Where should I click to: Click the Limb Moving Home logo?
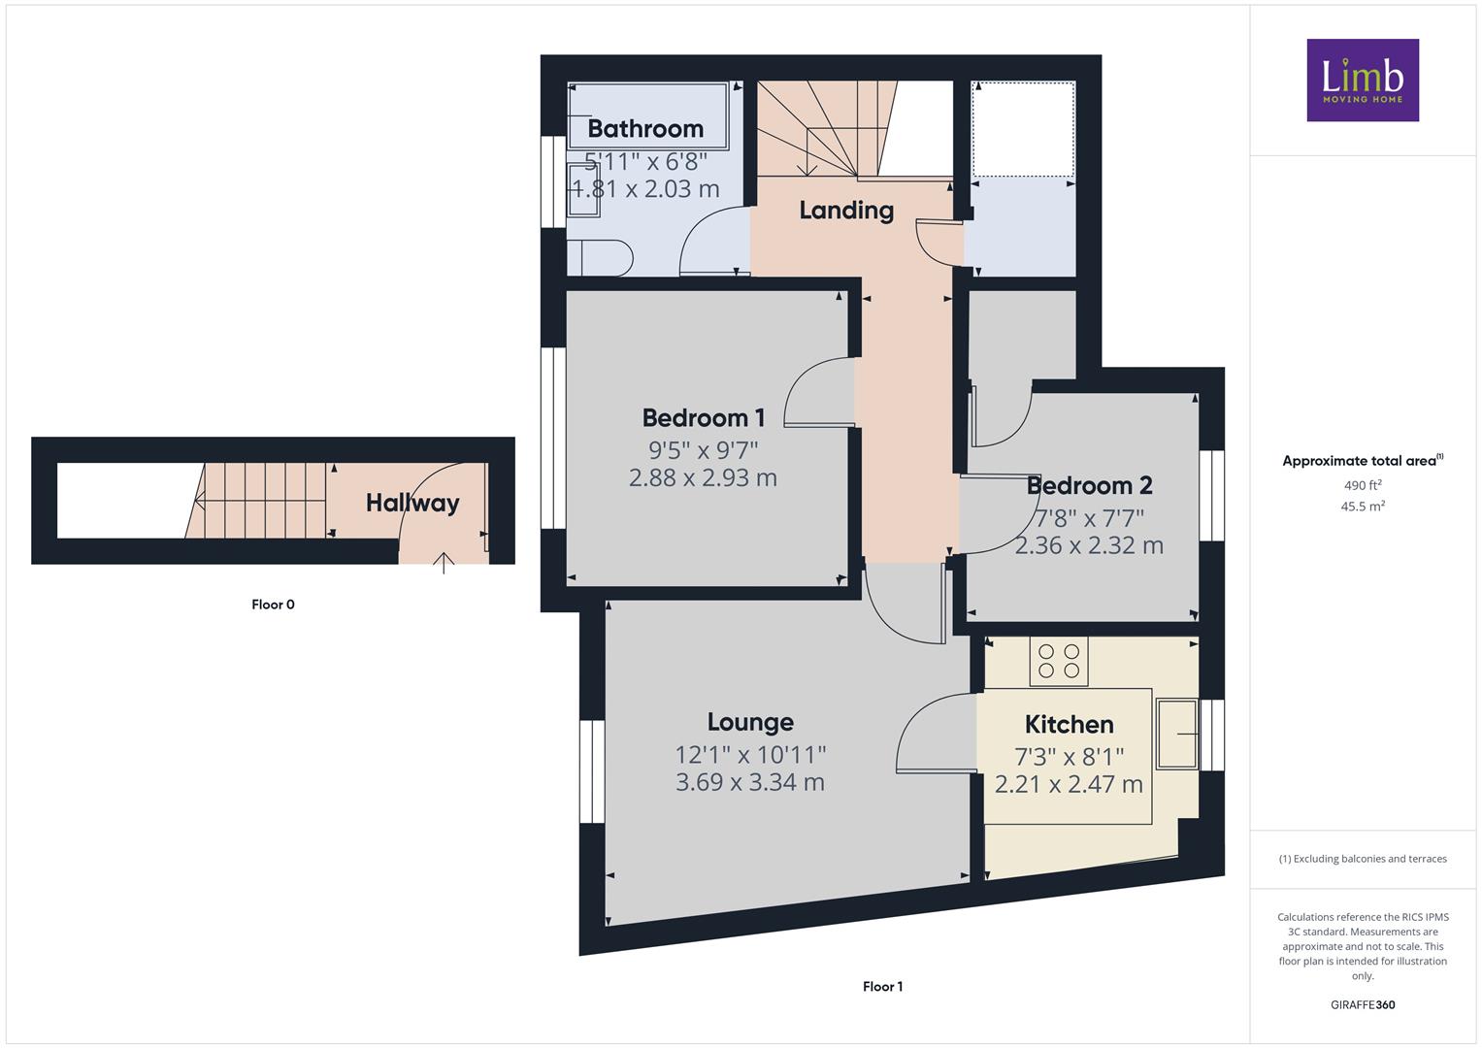[1363, 80]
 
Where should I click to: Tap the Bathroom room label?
[645, 129]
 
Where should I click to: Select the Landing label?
[846, 211]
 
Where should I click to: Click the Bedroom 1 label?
[704, 418]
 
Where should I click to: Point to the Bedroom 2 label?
[1089, 485]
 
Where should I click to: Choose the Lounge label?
[750, 723]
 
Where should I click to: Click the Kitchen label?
[1070, 725]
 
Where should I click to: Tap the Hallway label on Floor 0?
[412, 503]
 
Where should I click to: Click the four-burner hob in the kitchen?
[1059, 662]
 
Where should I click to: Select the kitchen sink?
[1177, 734]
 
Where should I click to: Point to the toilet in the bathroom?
[600, 258]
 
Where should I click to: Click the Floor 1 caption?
[882, 987]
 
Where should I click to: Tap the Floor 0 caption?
[273, 605]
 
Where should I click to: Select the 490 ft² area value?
[1363, 485]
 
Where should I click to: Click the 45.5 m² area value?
[1363, 507]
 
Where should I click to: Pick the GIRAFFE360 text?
[1363, 1005]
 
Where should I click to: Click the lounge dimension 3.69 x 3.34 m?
[750, 782]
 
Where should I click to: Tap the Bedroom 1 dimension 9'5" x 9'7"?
[704, 450]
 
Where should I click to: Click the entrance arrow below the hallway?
[444, 563]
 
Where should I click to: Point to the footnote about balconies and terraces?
[1363, 859]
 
